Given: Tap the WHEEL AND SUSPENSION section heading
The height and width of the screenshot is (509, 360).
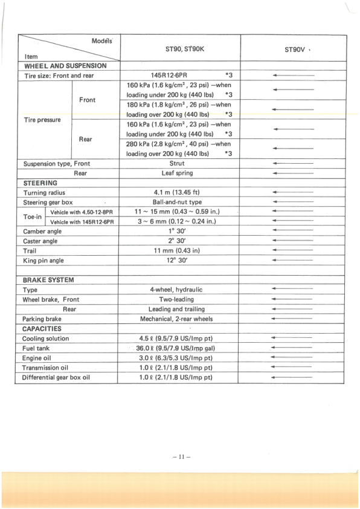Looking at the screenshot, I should coord(65,65).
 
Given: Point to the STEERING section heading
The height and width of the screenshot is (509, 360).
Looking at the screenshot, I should coord(40,183).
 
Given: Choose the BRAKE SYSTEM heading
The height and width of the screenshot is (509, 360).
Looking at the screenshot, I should coord(48,280).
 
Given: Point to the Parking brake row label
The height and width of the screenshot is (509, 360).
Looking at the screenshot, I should coord(42,319).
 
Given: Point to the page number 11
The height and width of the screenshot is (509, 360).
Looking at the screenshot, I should coord(181,457).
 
